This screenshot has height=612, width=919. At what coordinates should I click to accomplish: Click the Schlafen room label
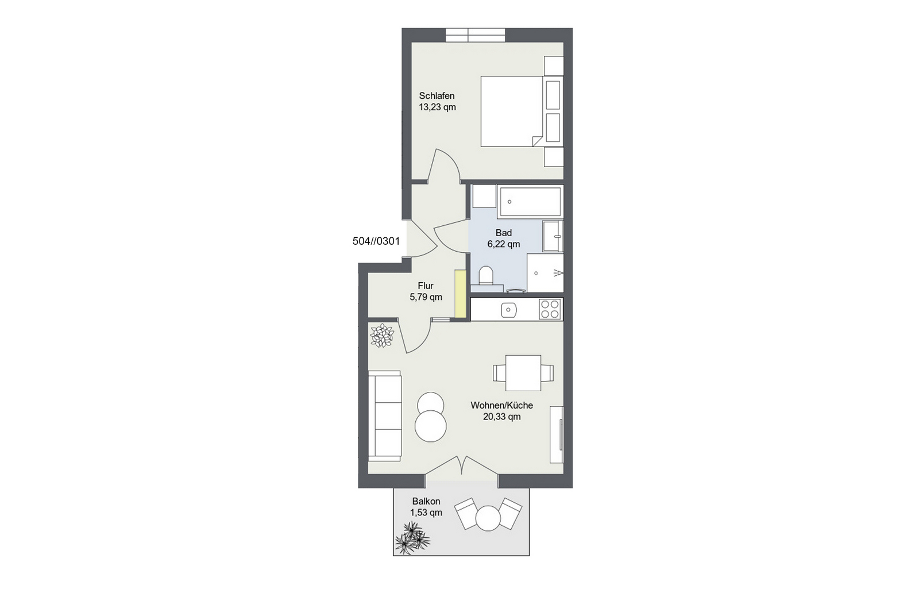coord(437,96)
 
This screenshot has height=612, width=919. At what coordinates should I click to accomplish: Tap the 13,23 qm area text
coord(437,107)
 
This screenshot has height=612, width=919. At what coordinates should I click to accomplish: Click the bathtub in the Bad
coord(530,202)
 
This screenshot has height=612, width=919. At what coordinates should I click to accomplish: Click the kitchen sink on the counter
coord(509,310)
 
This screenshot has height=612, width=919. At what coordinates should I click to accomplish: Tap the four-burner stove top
coord(550,309)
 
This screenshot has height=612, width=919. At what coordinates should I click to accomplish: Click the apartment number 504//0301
coord(376,241)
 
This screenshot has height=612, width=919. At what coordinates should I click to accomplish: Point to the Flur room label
coord(426,286)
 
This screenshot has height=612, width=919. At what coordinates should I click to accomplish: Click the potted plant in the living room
coord(382,336)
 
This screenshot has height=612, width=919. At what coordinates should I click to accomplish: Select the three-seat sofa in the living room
coord(384,416)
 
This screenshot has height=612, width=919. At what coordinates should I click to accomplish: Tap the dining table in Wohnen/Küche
coord(523,373)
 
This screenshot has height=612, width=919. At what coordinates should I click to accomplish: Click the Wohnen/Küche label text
coord(502,406)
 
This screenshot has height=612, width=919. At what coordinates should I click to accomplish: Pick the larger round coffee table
coord(430,426)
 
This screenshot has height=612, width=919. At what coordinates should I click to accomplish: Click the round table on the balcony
coord(488,518)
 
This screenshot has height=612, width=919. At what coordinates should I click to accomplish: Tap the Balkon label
coord(426,502)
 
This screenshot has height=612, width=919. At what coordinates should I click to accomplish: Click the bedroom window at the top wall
coord(475,35)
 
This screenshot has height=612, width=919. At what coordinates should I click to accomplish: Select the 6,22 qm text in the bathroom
coord(503,244)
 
